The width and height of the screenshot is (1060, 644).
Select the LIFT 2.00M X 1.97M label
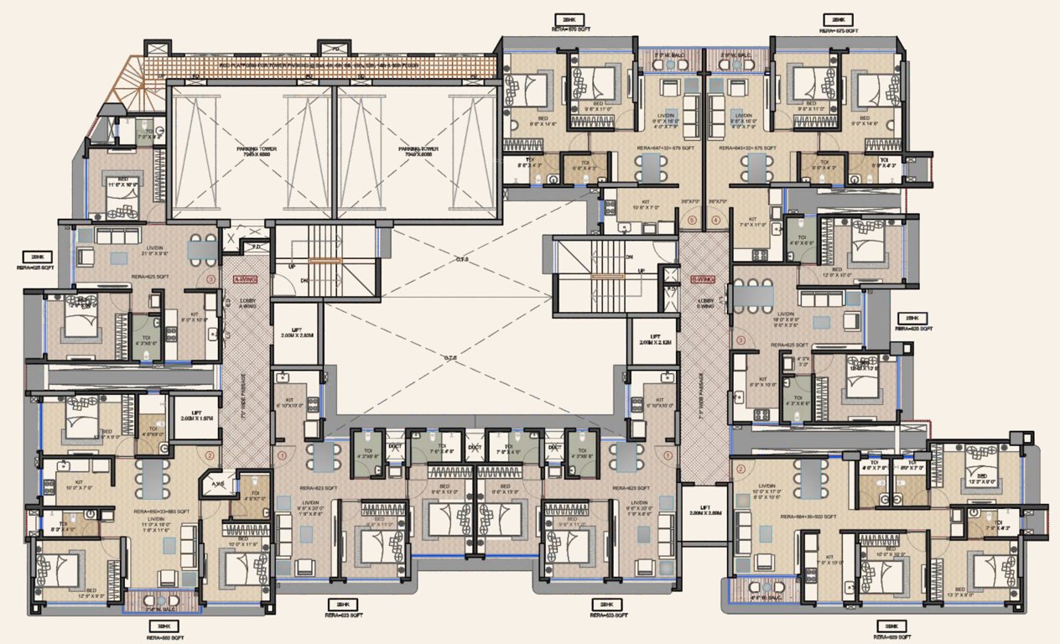point(195,415)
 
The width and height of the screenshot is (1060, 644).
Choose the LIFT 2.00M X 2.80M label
point(704,511)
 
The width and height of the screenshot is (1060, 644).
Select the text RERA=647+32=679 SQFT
point(665,148)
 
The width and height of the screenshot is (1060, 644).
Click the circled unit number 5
point(691,221)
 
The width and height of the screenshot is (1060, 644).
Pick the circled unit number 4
point(715,221)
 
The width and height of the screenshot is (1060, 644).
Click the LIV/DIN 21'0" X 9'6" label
point(128,251)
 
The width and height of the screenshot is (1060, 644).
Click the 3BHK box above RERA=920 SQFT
point(890,626)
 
